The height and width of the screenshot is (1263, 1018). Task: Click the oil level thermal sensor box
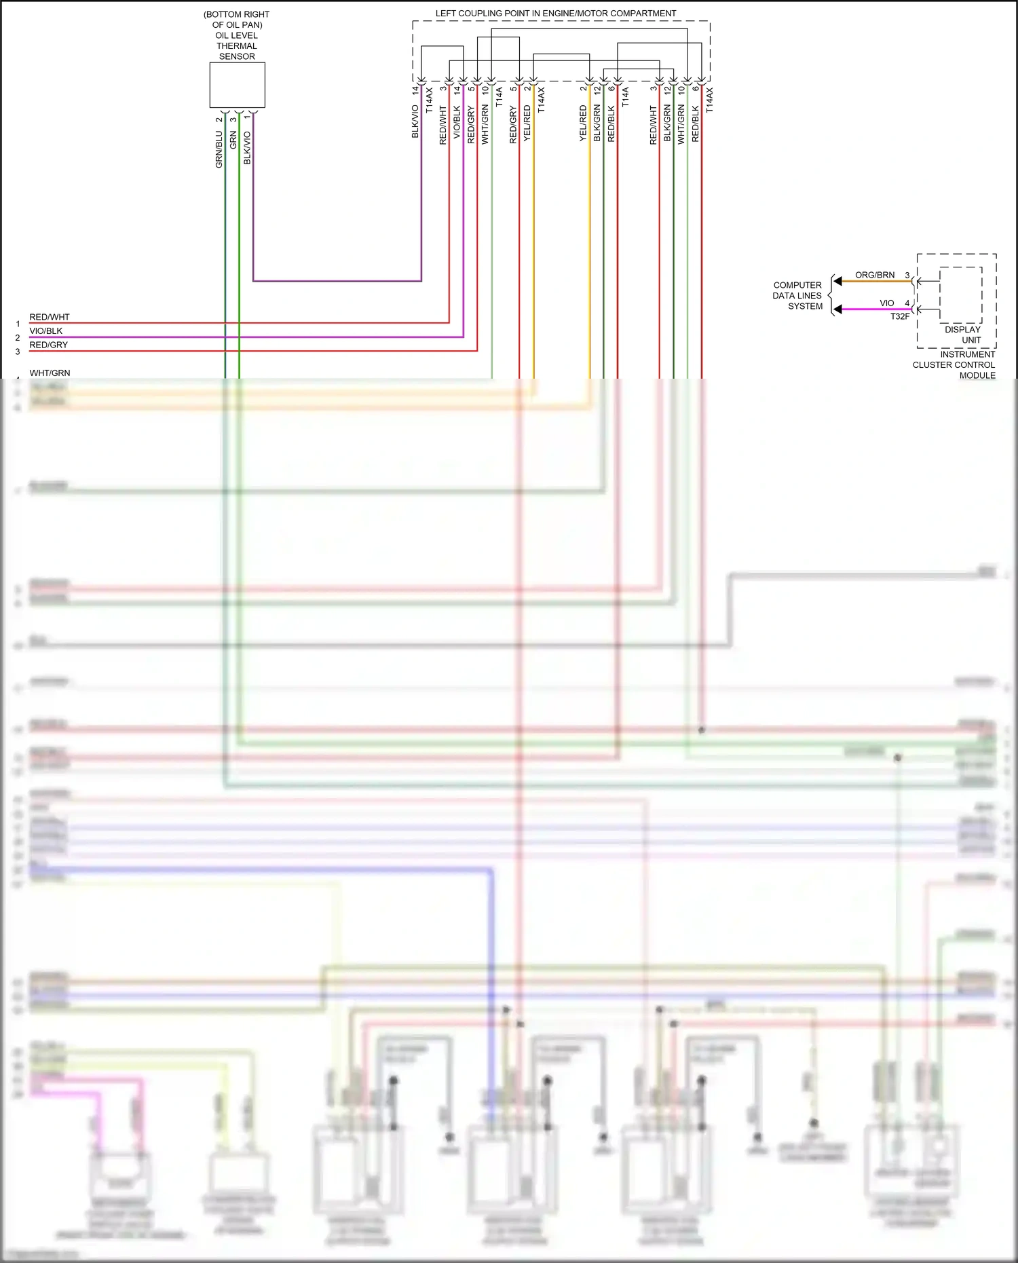point(237,85)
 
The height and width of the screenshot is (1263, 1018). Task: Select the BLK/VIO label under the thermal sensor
point(247,147)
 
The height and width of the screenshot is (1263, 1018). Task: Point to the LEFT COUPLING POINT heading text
point(555,13)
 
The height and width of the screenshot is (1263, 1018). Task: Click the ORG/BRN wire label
point(874,275)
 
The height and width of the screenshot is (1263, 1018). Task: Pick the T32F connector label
point(900,316)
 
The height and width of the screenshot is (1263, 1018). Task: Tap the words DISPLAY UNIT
point(963,335)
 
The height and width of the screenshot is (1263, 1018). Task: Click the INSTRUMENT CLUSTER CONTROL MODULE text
point(954,364)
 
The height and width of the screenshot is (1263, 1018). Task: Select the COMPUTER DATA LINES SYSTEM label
point(798,296)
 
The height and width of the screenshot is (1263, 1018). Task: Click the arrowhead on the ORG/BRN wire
point(838,281)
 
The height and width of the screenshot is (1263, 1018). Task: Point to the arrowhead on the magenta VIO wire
point(838,309)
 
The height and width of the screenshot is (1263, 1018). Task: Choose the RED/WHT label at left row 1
point(50,317)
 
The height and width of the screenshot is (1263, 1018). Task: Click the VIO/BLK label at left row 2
point(46,331)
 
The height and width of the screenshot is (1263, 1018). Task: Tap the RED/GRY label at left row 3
point(49,345)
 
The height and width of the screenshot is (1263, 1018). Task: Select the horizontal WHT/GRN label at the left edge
point(50,373)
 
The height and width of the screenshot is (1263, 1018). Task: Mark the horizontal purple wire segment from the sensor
point(337,280)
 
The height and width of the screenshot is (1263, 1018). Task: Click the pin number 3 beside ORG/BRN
point(907,275)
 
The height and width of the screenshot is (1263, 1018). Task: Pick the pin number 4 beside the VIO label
point(907,303)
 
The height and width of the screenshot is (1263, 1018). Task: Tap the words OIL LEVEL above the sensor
point(236,35)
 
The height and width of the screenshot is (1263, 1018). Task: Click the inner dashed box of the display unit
point(960,295)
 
